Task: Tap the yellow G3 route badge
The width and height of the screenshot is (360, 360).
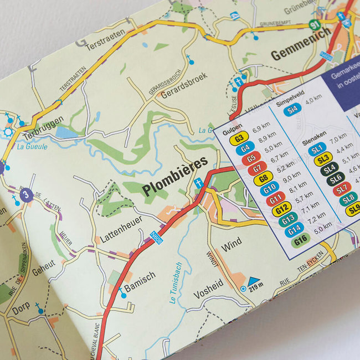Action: [x=240, y=138]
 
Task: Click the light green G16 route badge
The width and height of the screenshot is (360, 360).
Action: [x=300, y=239]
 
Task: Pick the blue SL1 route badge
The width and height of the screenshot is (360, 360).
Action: [x=317, y=150]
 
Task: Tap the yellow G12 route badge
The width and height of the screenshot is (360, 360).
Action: [x=281, y=209]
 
